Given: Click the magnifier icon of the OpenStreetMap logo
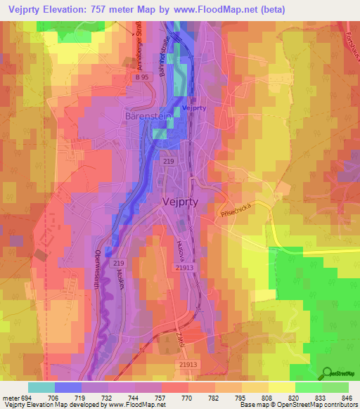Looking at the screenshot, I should tap(326, 373).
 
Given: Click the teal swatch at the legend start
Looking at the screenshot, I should tap(41, 387).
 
